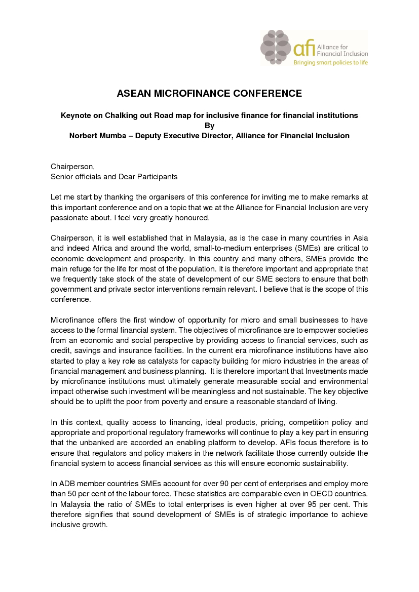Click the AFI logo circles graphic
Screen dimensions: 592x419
pos(276,47)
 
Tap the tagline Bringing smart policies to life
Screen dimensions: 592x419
pos(330,62)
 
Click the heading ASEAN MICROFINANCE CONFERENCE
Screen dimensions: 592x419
pos(209,93)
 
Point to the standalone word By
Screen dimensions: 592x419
pos(209,126)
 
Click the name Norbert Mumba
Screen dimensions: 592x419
pos(95,136)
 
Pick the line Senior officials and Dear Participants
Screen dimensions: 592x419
pos(114,177)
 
